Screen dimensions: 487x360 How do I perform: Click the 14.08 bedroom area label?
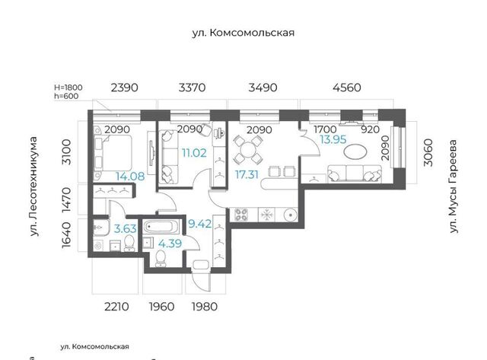coord(130,177)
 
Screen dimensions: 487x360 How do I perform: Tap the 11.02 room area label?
coord(194,153)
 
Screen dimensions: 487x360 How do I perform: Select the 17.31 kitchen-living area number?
coord(247,174)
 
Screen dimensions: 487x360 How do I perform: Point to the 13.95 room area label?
coord(333,139)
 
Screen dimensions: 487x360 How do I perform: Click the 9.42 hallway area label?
coord(200,224)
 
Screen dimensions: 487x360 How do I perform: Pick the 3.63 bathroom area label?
coord(126,229)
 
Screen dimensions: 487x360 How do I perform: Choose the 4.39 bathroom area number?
coord(170,244)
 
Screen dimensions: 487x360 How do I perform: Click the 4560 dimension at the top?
coord(347,88)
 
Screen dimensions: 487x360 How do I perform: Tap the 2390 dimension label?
coord(124,88)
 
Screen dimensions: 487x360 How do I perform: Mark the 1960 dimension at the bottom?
coord(161,307)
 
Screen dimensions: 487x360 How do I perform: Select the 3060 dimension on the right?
coord(428,152)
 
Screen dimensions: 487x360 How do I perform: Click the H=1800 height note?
coord(68,88)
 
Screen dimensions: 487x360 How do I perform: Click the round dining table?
coord(249,150)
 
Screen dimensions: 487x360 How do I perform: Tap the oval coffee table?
coord(355,152)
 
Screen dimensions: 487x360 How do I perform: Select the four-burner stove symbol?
coord(241,215)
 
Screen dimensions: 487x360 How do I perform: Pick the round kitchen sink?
coord(291,215)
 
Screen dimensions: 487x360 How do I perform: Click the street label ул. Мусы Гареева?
coord(454,186)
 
